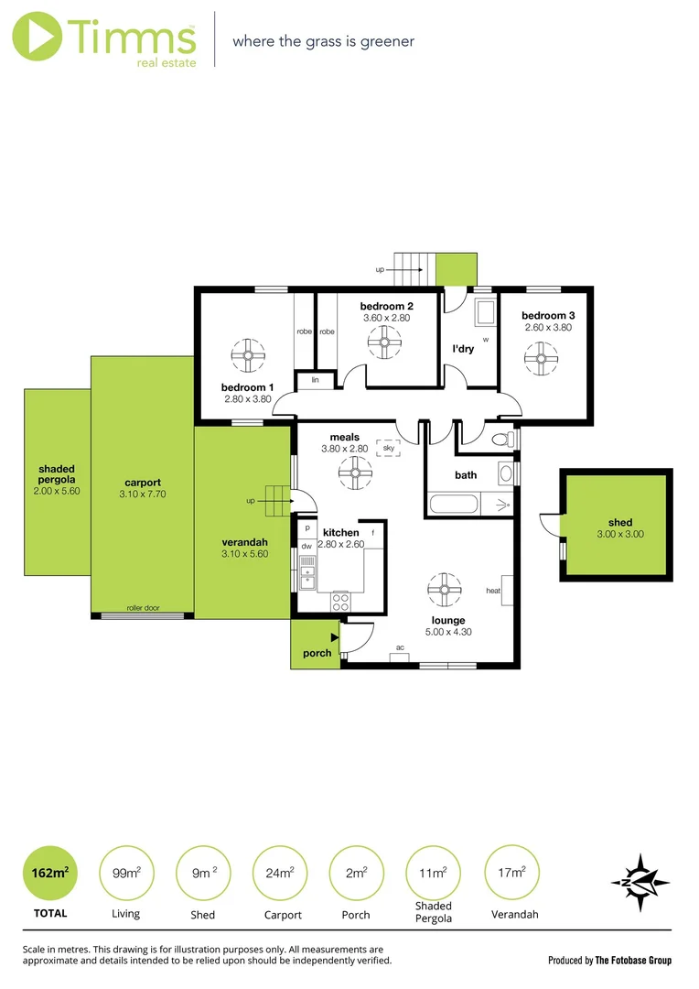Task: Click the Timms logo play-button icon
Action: click(x=37, y=38)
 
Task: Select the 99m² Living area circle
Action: click(x=125, y=873)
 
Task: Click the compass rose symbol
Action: click(x=640, y=883)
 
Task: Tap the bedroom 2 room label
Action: click(x=386, y=306)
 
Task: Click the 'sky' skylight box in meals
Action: click(x=389, y=448)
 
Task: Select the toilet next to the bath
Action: click(x=502, y=440)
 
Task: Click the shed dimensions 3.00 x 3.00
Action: click(x=614, y=534)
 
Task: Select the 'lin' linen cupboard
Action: click(x=315, y=379)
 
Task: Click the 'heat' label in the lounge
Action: click(x=493, y=591)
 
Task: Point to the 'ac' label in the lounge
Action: click(x=400, y=647)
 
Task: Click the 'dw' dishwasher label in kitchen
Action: click(x=306, y=547)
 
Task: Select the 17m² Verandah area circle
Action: click(x=513, y=873)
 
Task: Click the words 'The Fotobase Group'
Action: click(x=633, y=961)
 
